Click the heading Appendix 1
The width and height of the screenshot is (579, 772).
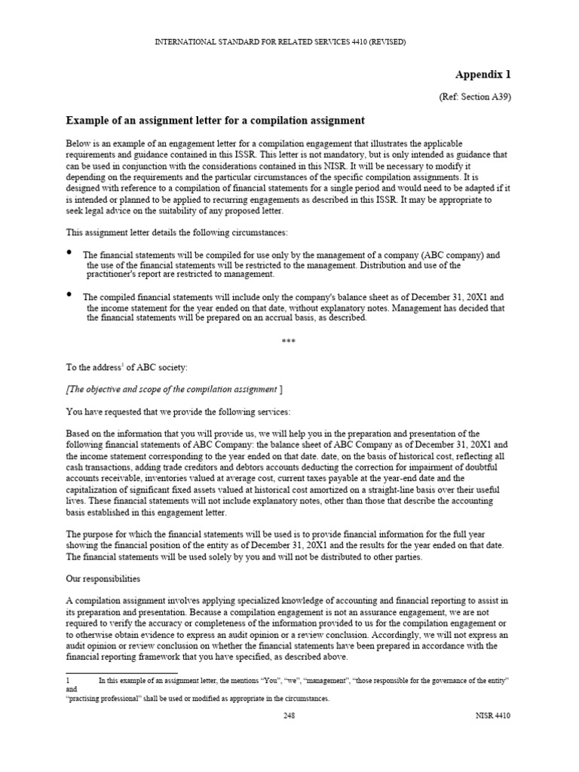(482, 74)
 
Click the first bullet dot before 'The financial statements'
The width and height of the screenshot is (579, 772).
(70, 252)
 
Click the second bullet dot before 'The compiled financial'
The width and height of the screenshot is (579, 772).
(70, 294)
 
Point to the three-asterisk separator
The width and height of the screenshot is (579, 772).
(289, 341)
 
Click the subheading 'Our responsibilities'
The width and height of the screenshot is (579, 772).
(103, 579)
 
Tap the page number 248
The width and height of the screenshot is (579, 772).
(289, 716)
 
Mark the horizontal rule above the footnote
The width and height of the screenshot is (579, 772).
(122, 672)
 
